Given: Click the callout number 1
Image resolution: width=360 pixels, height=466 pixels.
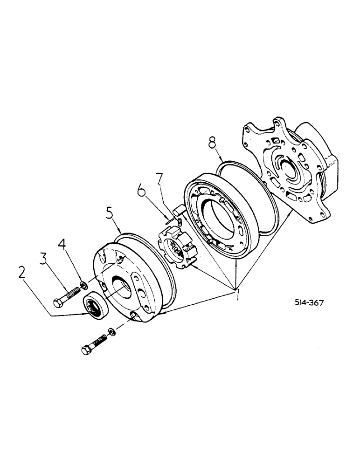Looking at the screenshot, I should (x=238, y=295).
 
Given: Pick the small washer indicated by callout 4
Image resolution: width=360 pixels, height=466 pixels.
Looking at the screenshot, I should (x=83, y=285).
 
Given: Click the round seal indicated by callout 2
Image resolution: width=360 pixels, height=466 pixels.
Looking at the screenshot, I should (x=96, y=305).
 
